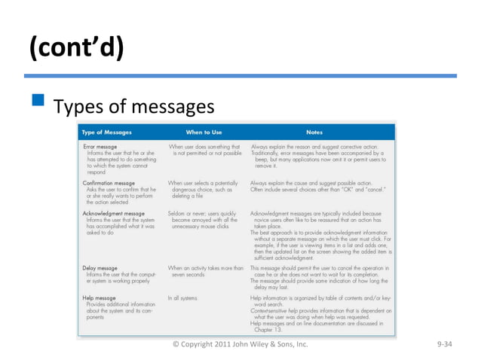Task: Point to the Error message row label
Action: point(100,146)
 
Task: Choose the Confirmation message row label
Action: point(109,183)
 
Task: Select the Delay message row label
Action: point(100,268)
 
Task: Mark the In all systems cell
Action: point(182,298)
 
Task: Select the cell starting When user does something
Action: point(204,150)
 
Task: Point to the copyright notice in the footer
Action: point(240,344)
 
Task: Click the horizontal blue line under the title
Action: point(240,76)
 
